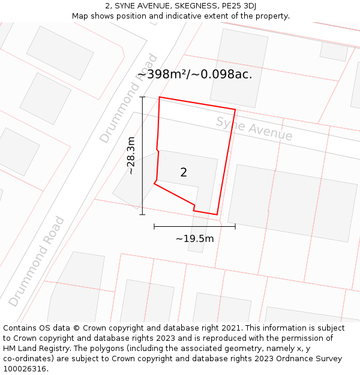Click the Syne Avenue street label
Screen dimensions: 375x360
point(254,129)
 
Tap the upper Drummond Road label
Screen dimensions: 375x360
point(129,99)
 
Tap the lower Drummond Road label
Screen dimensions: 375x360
point(37,261)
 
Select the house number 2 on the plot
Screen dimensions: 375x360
point(184,173)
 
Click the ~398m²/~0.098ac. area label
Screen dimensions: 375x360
point(194,74)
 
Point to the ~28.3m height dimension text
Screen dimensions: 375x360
point(130,155)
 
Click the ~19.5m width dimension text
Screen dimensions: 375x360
point(194,239)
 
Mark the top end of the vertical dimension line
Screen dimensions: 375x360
point(142,97)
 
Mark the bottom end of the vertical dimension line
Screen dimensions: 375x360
point(142,214)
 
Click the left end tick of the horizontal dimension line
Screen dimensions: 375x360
point(154,226)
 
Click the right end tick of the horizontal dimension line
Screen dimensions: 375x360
point(235,226)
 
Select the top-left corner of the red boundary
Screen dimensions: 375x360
point(159,97)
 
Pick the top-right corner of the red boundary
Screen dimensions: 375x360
point(235,109)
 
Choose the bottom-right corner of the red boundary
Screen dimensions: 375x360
point(217,214)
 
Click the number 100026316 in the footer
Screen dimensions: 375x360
point(24,368)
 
